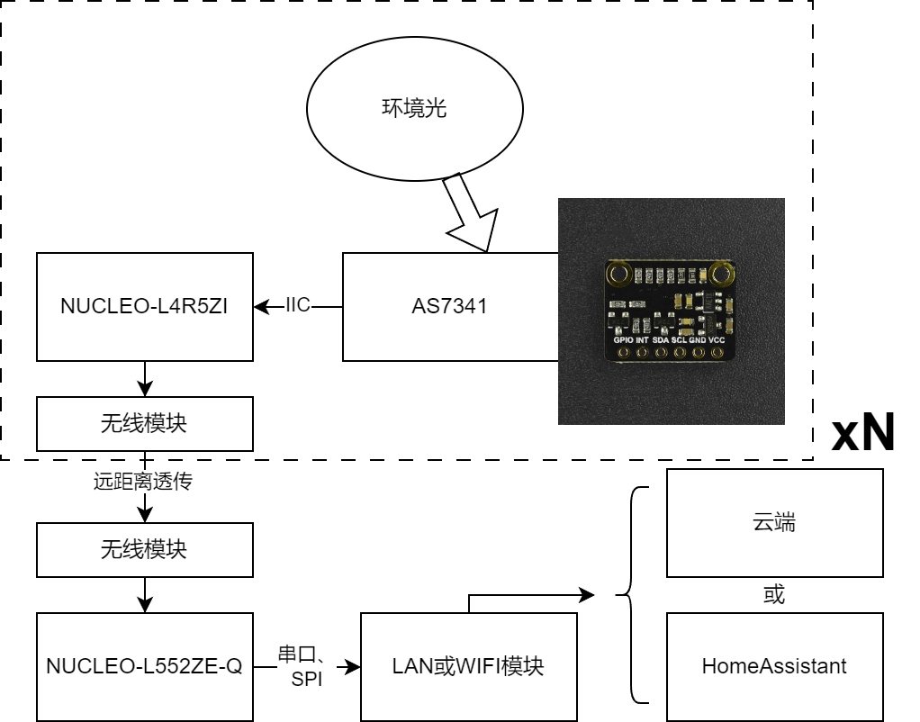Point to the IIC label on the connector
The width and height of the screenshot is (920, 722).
coord(297,304)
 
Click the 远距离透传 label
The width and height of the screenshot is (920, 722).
coord(142,482)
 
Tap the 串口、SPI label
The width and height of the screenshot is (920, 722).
coord(302,666)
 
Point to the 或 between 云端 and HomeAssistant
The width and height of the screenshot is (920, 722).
coord(774,595)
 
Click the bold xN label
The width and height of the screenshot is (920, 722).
coord(863,432)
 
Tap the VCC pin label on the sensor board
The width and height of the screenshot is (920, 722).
coord(717,340)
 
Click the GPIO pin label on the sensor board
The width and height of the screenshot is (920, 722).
coord(623,340)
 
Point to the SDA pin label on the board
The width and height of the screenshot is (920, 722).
coord(660,340)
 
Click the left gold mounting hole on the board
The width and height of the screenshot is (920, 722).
coord(618,274)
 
